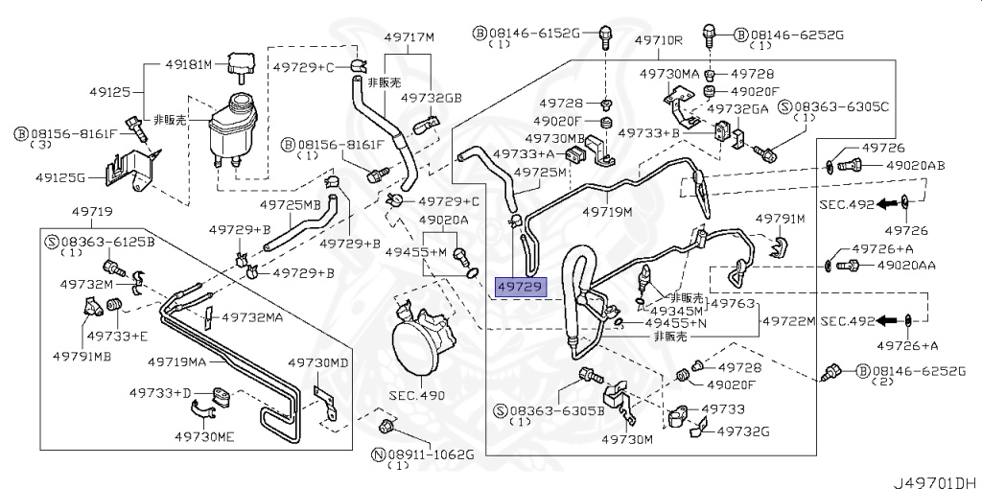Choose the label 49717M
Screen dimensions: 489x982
coord(409,37)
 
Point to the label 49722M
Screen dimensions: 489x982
coord(788,319)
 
